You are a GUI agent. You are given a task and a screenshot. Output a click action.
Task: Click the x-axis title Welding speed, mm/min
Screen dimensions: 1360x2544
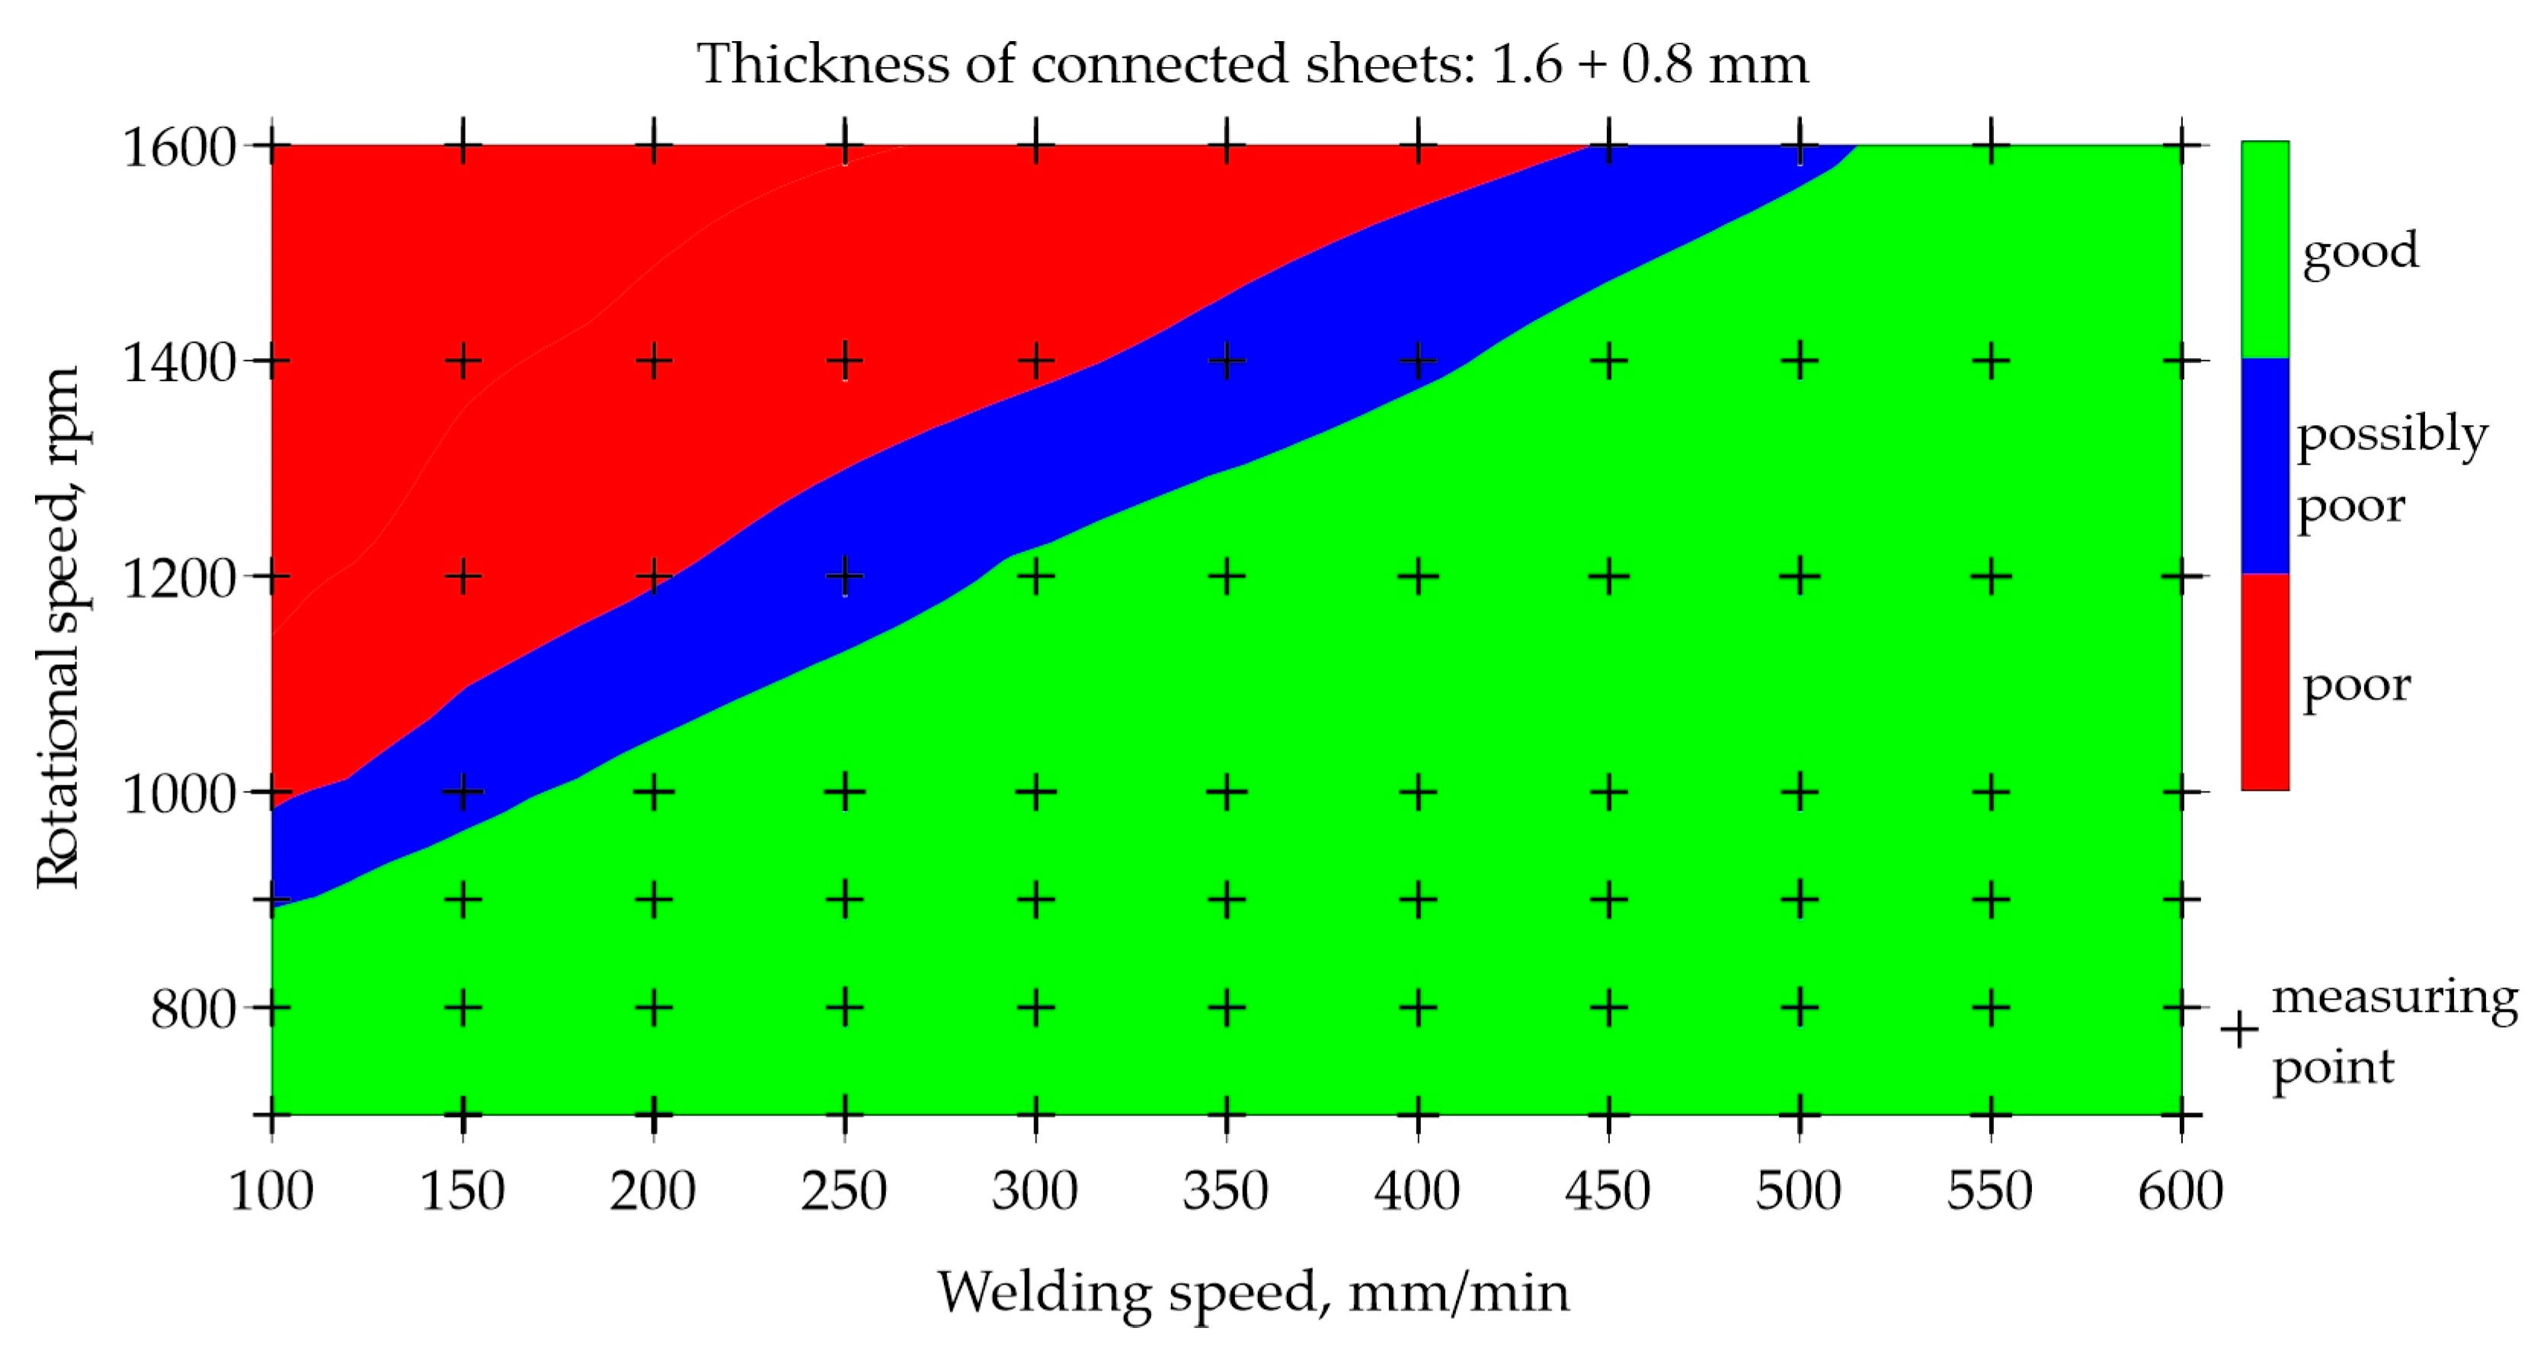point(1253,1293)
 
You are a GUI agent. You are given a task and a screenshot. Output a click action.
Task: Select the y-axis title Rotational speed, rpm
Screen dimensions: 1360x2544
point(57,628)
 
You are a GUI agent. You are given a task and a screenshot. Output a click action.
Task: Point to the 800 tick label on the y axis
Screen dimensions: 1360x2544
point(194,1010)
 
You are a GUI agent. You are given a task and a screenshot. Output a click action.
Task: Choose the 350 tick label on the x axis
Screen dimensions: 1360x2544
point(1226,1190)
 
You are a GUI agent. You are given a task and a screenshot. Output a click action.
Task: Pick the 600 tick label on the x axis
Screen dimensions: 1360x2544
point(2180,1190)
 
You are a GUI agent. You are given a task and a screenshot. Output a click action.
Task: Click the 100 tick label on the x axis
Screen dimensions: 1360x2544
point(271,1190)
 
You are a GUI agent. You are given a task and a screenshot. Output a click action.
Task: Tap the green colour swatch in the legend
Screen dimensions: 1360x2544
point(2264,249)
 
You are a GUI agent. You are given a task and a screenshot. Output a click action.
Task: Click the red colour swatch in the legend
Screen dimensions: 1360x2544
point(2264,681)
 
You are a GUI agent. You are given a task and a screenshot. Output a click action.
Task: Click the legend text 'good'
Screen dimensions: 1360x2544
point(2360,251)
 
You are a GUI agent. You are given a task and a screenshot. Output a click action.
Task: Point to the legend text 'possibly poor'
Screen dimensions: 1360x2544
point(2390,469)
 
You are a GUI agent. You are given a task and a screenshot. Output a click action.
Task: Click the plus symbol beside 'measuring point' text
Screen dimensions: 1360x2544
point(2238,1029)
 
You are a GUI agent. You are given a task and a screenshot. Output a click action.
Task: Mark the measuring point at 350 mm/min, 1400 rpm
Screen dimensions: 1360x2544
point(1226,361)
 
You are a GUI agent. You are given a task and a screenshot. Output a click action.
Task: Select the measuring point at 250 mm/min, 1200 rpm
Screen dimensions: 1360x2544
point(844,576)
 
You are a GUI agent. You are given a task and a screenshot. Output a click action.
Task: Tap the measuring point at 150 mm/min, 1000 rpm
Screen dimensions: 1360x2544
point(462,791)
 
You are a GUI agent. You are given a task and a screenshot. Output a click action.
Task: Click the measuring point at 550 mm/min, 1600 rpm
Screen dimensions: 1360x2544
point(1990,146)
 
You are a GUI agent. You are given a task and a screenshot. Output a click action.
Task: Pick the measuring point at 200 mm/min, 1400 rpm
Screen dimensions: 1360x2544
point(653,361)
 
